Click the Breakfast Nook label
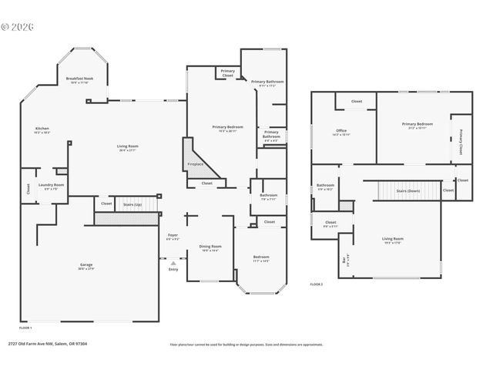79,79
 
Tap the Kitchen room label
42,129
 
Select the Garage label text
86,264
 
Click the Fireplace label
196,163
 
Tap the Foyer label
173,235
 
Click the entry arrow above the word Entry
173,262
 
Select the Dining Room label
210,247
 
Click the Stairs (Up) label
132,204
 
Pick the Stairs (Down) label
407,190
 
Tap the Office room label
341,131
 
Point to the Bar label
344,260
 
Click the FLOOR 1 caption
25,328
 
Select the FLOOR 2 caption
317,284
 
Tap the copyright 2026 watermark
17,25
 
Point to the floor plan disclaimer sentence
246,345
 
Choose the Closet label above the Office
357,101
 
